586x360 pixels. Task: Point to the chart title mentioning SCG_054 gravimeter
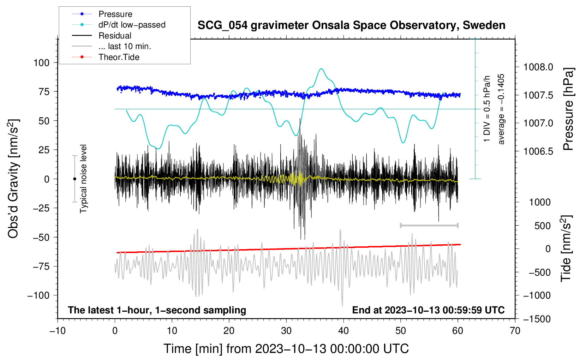[x=351, y=25]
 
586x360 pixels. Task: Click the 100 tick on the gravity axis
[x=41, y=63]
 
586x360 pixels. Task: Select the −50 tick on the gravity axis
[x=41, y=237]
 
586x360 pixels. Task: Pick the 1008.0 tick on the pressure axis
[x=538, y=67]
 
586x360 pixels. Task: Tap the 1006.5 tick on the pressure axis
[x=538, y=151]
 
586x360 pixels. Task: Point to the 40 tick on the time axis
[x=343, y=331]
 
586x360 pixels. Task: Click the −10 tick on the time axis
[x=58, y=331]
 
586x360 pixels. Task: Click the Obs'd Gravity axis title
[x=13, y=179]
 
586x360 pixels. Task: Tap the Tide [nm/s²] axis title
[x=566, y=248]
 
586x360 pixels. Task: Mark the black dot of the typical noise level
[x=74, y=179]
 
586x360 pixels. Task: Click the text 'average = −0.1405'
[x=501, y=109]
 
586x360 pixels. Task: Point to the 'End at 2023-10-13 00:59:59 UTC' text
[x=428, y=310]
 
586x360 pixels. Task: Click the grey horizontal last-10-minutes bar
[x=429, y=225]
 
